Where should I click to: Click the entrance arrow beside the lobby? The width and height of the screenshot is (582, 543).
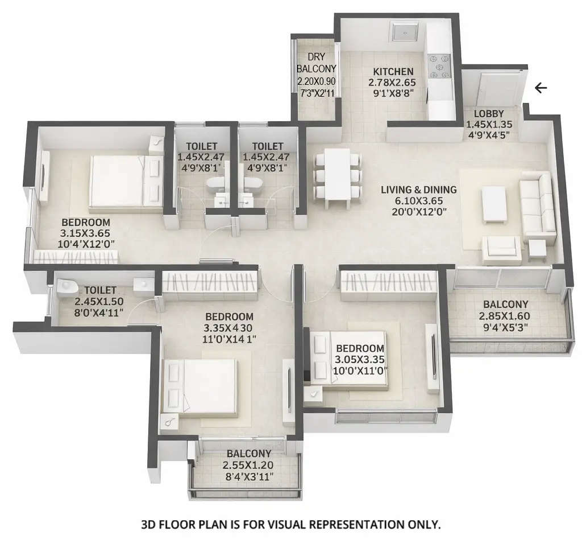tap(541, 88)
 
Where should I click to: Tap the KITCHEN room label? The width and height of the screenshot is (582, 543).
tap(393, 72)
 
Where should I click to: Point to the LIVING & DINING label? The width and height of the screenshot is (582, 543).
tap(419, 190)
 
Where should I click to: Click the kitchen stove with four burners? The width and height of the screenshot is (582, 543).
tap(438, 66)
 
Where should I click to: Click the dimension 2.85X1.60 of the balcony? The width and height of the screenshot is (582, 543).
tap(504, 316)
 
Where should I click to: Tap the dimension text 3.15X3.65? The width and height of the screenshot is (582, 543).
tap(85, 233)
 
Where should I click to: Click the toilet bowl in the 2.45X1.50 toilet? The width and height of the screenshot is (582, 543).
tap(66, 285)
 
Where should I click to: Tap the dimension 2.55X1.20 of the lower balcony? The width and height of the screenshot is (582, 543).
tap(248, 465)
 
